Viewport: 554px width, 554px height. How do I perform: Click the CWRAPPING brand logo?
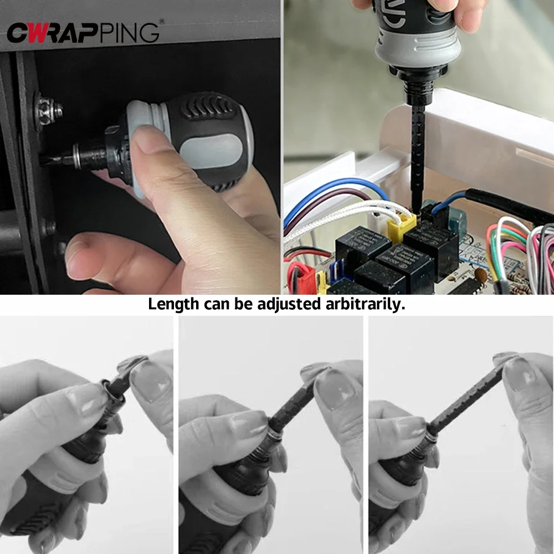(83, 32)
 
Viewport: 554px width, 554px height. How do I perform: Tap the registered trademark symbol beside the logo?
(161, 22)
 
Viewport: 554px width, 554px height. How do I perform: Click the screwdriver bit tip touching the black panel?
(55, 160)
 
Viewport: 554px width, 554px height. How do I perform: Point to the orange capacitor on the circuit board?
(483, 275)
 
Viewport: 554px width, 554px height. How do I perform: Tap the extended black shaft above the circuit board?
(417, 150)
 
